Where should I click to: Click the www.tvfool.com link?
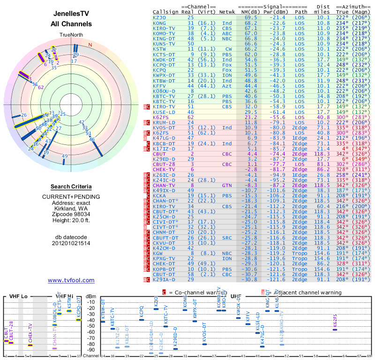tap(71, 280)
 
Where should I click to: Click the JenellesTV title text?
tap(71, 15)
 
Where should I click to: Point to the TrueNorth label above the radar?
tap(71, 35)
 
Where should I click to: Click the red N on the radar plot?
tap(90, 45)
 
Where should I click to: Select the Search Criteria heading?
tap(71, 187)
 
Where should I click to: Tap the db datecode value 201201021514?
tap(71, 243)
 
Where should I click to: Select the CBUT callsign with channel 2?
tap(159, 154)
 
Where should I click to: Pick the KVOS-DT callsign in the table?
tap(164, 127)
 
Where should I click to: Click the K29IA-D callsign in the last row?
tap(164, 279)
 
